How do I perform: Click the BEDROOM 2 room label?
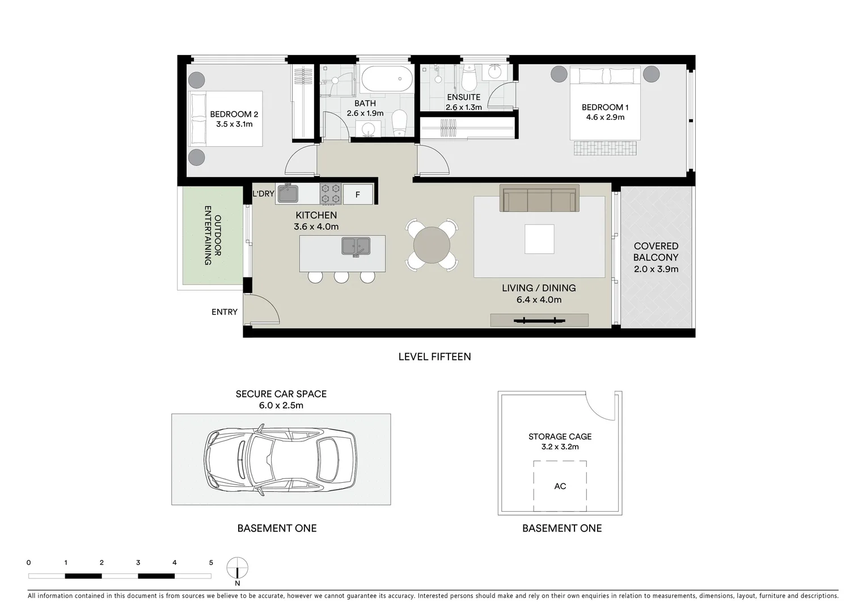click(x=234, y=114)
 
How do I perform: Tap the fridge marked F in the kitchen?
click(x=358, y=194)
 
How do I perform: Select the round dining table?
click(x=432, y=245)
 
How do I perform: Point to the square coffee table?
click(x=539, y=239)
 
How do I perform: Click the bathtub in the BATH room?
click(x=386, y=79)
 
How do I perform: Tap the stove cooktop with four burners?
click(x=331, y=194)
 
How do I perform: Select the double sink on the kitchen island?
click(x=356, y=246)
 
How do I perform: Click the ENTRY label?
click(x=225, y=312)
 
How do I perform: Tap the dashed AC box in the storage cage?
click(x=560, y=486)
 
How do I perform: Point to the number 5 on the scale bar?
click(x=211, y=563)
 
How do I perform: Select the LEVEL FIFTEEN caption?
click(x=434, y=356)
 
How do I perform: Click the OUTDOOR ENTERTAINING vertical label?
click(x=212, y=235)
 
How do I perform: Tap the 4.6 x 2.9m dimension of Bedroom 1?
click(x=605, y=118)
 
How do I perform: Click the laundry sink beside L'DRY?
click(x=288, y=193)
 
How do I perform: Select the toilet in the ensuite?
click(x=469, y=78)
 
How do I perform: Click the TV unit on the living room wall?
click(x=539, y=320)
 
